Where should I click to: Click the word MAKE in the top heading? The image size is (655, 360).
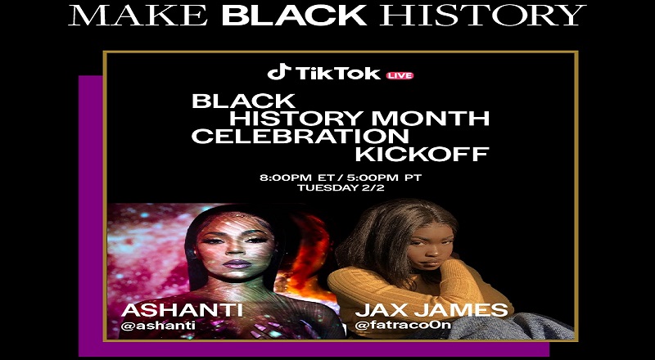click(138, 15)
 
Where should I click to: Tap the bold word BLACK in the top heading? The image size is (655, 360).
click(294, 15)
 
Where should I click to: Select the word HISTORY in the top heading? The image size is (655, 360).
click(483, 15)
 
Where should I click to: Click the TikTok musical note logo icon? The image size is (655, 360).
click(279, 72)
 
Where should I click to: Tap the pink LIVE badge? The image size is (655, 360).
click(400, 75)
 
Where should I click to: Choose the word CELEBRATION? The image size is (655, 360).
click(300, 137)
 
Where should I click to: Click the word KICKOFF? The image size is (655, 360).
click(422, 154)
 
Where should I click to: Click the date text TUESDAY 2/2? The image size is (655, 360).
click(341, 188)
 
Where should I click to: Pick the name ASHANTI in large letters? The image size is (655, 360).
click(182, 310)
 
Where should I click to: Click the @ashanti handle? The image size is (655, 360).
click(158, 326)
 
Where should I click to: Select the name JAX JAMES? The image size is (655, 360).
click(432, 310)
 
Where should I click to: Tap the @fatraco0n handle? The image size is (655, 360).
click(403, 325)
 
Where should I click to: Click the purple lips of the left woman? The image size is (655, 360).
click(237, 264)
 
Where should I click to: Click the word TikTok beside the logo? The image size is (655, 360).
click(338, 73)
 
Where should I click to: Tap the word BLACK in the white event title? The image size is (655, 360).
click(243, 101)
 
